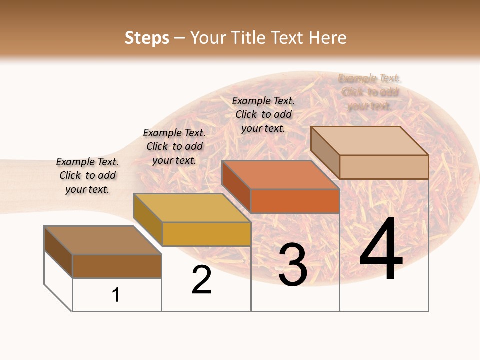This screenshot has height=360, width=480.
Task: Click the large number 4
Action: coord(381,249)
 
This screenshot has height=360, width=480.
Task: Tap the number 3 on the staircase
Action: coord(293,264)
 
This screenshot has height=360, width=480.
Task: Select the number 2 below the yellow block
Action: coord(202,280)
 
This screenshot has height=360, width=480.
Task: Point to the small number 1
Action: coord(116,295)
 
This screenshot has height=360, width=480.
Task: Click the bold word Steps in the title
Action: coord(147,38)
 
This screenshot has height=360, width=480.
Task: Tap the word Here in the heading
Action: coord(327,38)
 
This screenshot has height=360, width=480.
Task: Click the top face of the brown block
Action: coord(103,240)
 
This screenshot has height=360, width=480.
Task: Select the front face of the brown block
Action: coord(117,266)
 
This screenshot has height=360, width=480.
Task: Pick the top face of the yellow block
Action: coord(192,208)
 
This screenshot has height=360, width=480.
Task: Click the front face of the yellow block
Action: coord(206,234)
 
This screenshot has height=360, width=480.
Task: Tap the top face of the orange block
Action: coord(281,175)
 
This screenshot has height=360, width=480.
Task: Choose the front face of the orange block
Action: coord(295,201)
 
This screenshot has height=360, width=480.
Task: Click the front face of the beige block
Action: coord(384,167)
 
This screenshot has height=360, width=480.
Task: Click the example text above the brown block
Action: coord(87,176)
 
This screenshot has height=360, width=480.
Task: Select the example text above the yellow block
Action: coord(174,146)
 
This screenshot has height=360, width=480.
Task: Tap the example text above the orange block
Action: coord(263,114)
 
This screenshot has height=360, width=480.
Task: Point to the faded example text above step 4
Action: coord(369,92)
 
